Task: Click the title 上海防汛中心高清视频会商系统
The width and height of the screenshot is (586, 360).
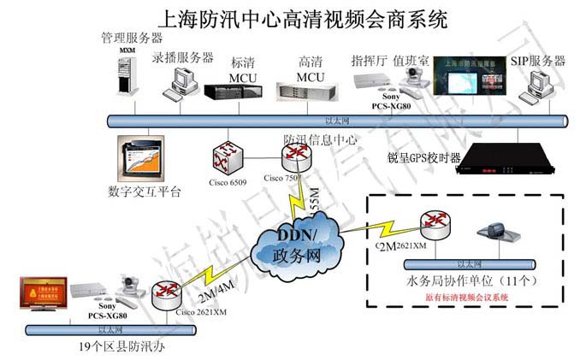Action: pos(293,16)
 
